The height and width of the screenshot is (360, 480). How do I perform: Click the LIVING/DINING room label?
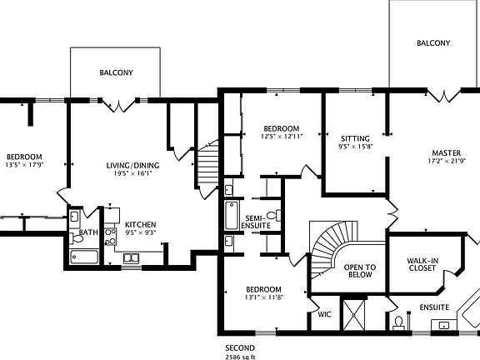(132, 165)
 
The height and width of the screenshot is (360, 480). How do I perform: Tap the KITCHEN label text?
(140, 225)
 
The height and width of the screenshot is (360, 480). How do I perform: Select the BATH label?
(89, 232)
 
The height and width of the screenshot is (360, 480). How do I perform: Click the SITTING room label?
(355, 137)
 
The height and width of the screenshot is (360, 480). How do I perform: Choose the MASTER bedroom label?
(446, 152)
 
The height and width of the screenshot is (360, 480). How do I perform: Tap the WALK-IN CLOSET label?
(422, 264)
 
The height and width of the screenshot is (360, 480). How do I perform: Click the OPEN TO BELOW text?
(360, 272)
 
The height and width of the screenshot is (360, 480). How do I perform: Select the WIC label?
(325, 316)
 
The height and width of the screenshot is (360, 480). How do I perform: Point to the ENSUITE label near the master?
(434, 307)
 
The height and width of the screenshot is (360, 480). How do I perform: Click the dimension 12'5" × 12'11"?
(280, 136)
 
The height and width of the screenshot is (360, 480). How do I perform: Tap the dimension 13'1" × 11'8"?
(264, 297)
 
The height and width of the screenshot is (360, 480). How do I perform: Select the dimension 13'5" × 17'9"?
(24, 165)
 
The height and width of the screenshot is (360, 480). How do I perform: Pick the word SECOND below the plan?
(240, 347)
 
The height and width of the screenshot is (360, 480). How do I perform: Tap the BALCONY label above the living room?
(116, 72)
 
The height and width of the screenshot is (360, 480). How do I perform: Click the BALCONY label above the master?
(433, 43)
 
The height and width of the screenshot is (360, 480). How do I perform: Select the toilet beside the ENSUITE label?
(398, 320)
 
